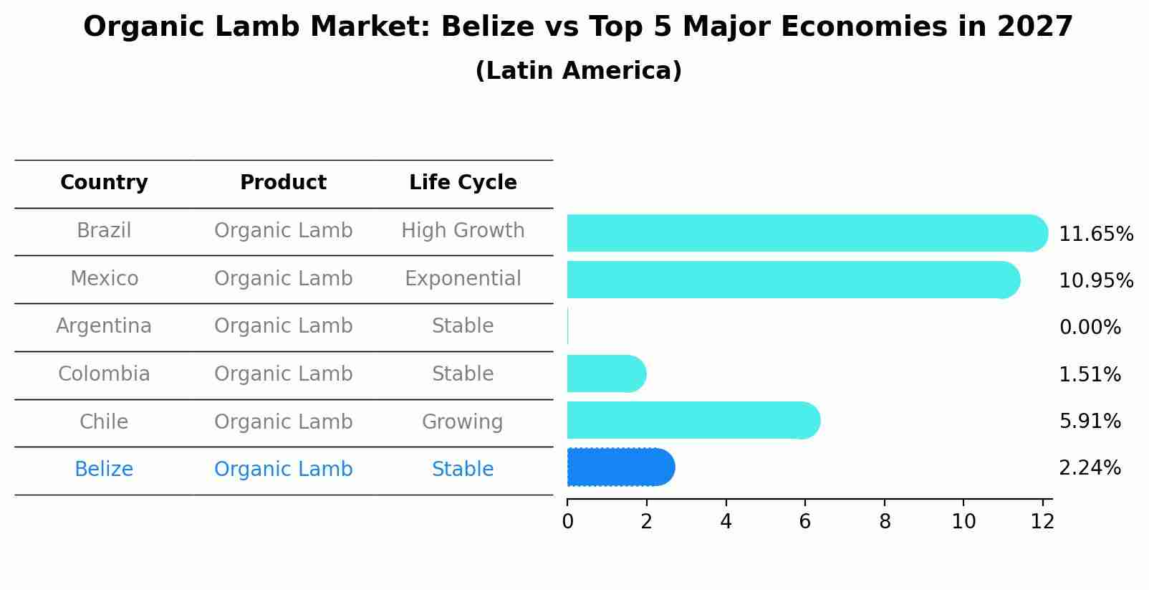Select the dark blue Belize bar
[x=620, y=467]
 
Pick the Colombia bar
[x=606, y=373]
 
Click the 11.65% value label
[x=1095, y=234]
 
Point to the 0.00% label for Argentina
[x=1090, y=328]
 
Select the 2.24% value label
[x=1090, y=468]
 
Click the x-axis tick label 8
[x=885, y=522]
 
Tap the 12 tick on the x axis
[x=1042, y=522]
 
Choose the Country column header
[x=104, y=183]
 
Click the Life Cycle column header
[x=463, y=183]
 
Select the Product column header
[x=283, y=183]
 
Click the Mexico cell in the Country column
[x=104, y=278]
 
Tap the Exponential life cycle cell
[x=463, y=278]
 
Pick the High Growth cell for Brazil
[x=463, y=231]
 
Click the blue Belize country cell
[x=104, y=470]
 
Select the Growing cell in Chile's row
[x=463, y=422]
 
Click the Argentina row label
[x=104, y=326]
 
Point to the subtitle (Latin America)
[x=578, y=71]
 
